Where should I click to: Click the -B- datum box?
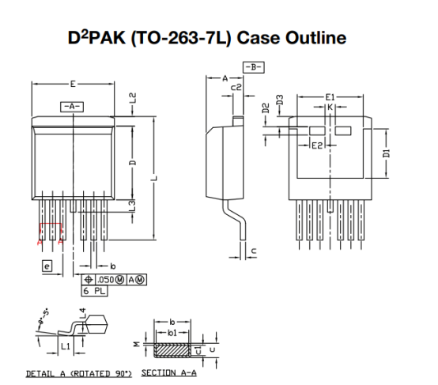(254, 68)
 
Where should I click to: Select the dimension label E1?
(330, 96)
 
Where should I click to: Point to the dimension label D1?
(386, 152)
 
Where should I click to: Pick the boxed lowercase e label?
(47, 268)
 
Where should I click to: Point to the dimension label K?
(332, 107)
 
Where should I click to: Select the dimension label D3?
(280, 100)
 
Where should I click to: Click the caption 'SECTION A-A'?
(168, 372)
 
